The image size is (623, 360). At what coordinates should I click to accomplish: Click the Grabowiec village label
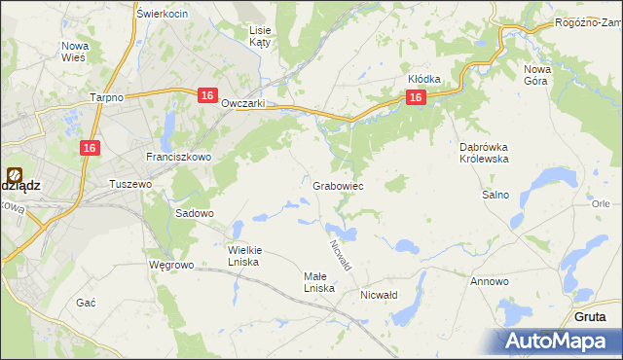(x=338, y=185)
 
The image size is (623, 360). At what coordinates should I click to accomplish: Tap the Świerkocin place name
(x=162, y=14)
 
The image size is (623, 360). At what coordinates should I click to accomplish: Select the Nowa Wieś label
(x=75, y=52)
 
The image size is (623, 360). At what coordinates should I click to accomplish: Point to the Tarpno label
(x=105, y=98)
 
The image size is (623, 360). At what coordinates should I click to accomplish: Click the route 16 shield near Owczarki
(x=206, y=94)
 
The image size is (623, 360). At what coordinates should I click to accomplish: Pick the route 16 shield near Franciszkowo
(x=89, y=147)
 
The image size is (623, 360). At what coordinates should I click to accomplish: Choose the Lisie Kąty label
(x=260, y=36)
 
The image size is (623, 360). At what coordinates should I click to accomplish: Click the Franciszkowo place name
(x=171, y=156)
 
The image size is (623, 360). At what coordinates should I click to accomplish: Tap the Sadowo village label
(x=194, y=212)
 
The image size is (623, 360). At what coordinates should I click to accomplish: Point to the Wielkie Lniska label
(x=244, y=254)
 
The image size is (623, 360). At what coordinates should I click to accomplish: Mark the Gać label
(x=86, y=303)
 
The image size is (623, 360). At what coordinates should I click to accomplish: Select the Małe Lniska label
(x=319, y=281)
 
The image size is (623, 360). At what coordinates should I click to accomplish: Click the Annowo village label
(x=489, y=281)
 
